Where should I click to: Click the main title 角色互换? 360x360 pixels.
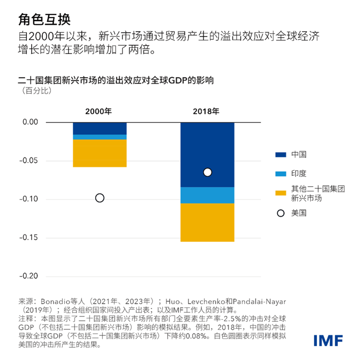click(x=44, y=19)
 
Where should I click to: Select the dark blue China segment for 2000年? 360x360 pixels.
click(x=100, y=128)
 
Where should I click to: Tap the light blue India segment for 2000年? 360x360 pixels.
click(x=100, y=137)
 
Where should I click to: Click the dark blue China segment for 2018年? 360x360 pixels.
click(x=207, y=149)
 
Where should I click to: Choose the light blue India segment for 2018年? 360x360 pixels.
click(x=207, y=195)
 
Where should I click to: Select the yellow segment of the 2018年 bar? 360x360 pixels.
click(x=207, y=222)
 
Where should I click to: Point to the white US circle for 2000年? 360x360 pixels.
click(x=100, y=198)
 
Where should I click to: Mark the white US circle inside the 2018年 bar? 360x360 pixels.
click(x=207, y=172)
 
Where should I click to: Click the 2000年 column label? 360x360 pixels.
click(x=99, y=111)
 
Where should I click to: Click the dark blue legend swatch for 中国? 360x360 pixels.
click(x=280, y=155)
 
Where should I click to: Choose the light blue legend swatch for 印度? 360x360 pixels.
click(x=280, y=174)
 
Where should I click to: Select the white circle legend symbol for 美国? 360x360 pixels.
click(x=280, y=213)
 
